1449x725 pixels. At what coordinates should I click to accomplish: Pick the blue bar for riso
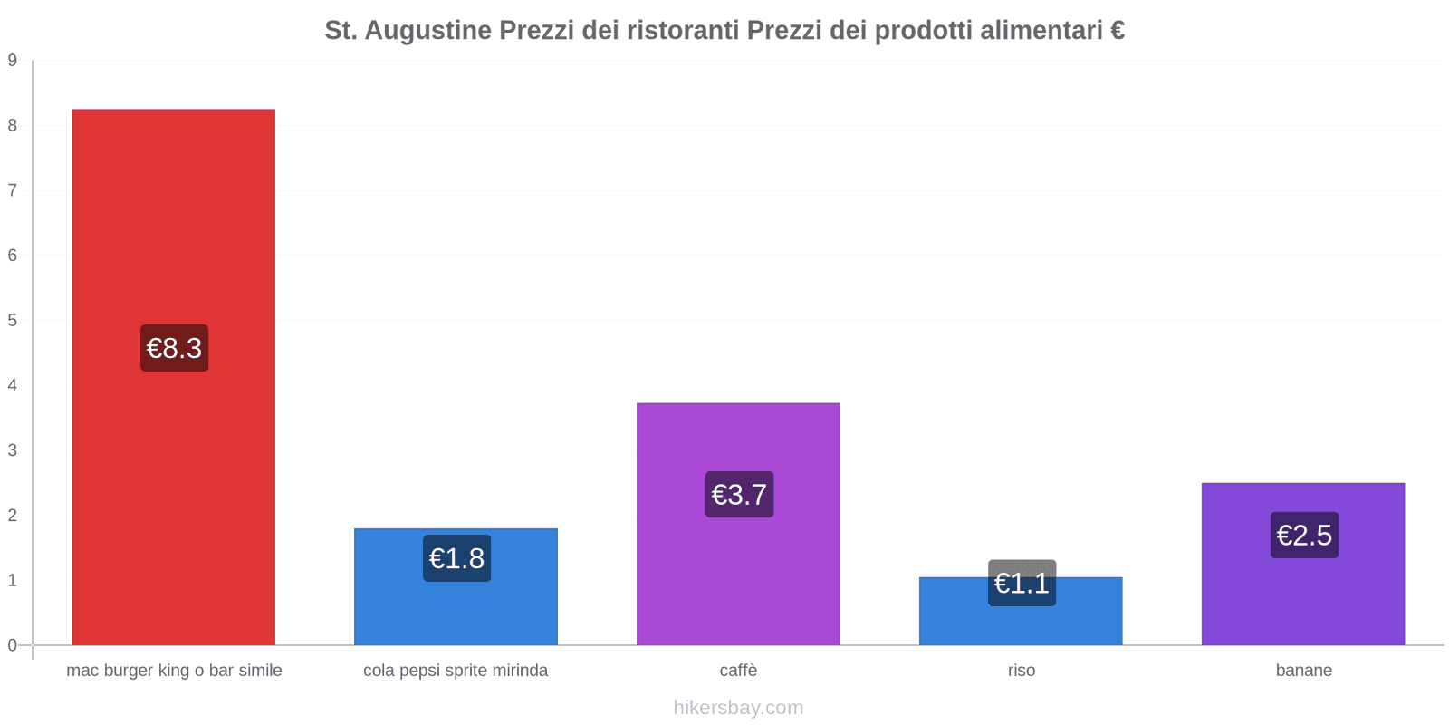(1021, 625)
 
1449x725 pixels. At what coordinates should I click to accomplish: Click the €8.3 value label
(174, 348)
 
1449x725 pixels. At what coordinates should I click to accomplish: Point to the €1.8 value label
(456, 558)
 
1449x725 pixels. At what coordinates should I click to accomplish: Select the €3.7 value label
(739, 495)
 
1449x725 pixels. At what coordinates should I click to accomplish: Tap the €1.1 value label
(1022, 583)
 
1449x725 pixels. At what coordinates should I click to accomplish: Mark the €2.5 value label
(1304, 535)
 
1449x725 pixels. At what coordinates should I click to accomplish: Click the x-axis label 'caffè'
(738, 671)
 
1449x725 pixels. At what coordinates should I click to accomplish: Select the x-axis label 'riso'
(1021, 671)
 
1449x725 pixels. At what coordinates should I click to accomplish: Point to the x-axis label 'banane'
(1303, 671)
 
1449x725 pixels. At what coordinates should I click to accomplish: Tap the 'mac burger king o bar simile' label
(174, 671)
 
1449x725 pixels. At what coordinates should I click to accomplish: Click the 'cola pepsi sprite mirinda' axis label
(456, 671)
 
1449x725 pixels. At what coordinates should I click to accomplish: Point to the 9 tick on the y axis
(13, 61)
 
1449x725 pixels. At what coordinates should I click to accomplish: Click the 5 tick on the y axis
(13, 320)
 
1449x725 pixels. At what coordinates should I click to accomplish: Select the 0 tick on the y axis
(13, 645)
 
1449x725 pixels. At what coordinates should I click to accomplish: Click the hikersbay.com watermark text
(738, 708)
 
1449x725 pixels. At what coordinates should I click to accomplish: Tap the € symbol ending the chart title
(1117, 31)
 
